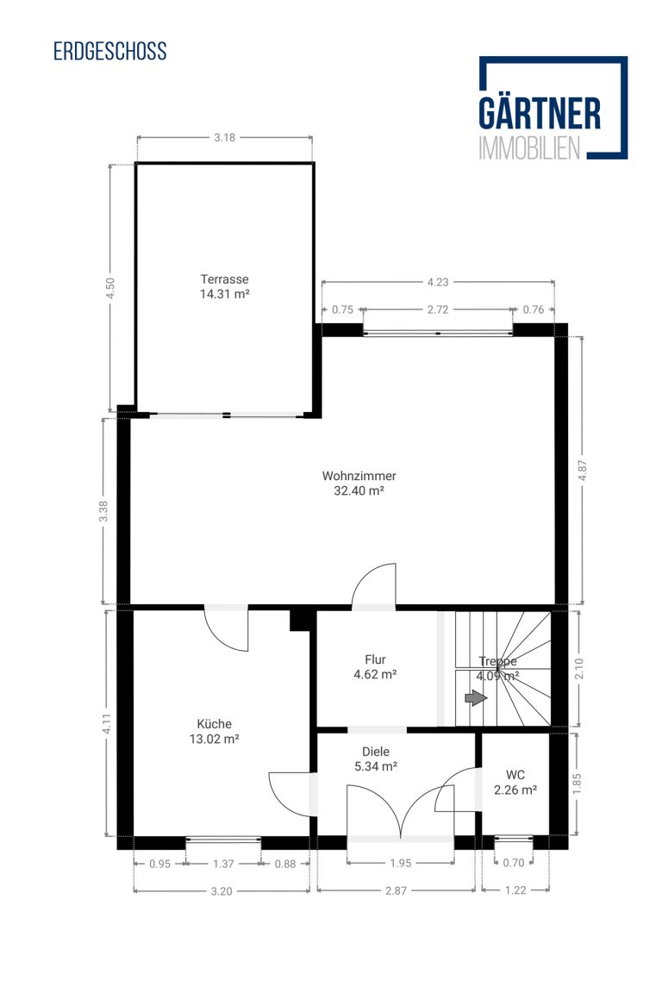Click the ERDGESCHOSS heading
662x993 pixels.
[109, 52]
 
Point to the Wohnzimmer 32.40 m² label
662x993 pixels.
[359, 484]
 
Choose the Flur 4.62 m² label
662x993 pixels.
[375, 667]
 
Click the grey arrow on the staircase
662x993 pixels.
[476, 698]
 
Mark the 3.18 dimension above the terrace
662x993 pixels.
[224, 137]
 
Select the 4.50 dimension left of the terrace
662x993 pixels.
[110, 289]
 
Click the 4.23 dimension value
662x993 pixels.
[438, 282]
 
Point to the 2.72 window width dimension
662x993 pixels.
[438, 309]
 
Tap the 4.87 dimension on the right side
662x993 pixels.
[583, 471]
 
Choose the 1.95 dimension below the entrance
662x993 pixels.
[400, 863]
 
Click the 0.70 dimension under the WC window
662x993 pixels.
[513, 863]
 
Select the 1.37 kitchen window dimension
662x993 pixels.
[223, 863]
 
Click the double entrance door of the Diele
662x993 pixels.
[400, 811]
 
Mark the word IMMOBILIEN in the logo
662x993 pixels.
[529, 147]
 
